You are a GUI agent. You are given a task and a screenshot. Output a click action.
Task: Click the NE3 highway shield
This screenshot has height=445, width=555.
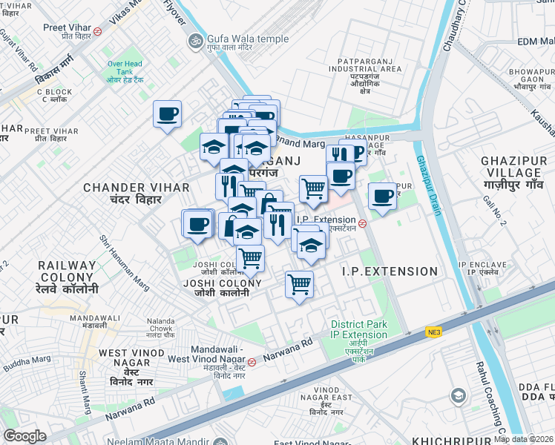(x=433, y=333)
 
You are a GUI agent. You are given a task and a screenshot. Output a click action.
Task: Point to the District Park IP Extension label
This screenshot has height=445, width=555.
(x=359, y=329)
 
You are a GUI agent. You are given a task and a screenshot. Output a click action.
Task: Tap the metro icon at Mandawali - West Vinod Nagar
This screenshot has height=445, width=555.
(x=252, y=362)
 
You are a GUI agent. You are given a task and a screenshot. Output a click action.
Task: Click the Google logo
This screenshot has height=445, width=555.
(x=24, y=435)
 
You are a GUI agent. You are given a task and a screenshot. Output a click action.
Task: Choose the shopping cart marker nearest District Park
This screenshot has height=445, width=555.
(x=299, y=284)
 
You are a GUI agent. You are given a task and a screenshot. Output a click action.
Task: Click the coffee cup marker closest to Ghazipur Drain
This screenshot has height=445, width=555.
(x=382, y=197)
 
